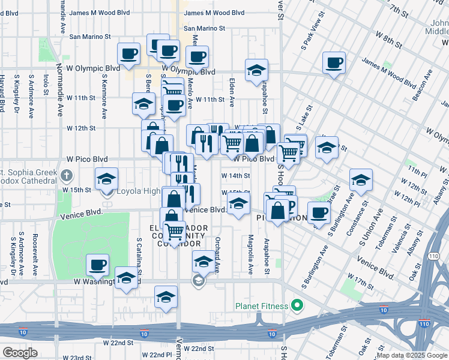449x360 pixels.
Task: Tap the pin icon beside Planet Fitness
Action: (297, 306)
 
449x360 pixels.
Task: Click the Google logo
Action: (20, 353)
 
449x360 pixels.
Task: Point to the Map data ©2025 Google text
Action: (412, 355)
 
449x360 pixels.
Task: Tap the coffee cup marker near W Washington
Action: (97, 264)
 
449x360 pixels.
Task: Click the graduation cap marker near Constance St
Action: (361, 179)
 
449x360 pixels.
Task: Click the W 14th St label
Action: (236, 176)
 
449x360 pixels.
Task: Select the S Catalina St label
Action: (139, 256)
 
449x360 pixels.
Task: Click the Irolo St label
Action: (46, 85)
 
